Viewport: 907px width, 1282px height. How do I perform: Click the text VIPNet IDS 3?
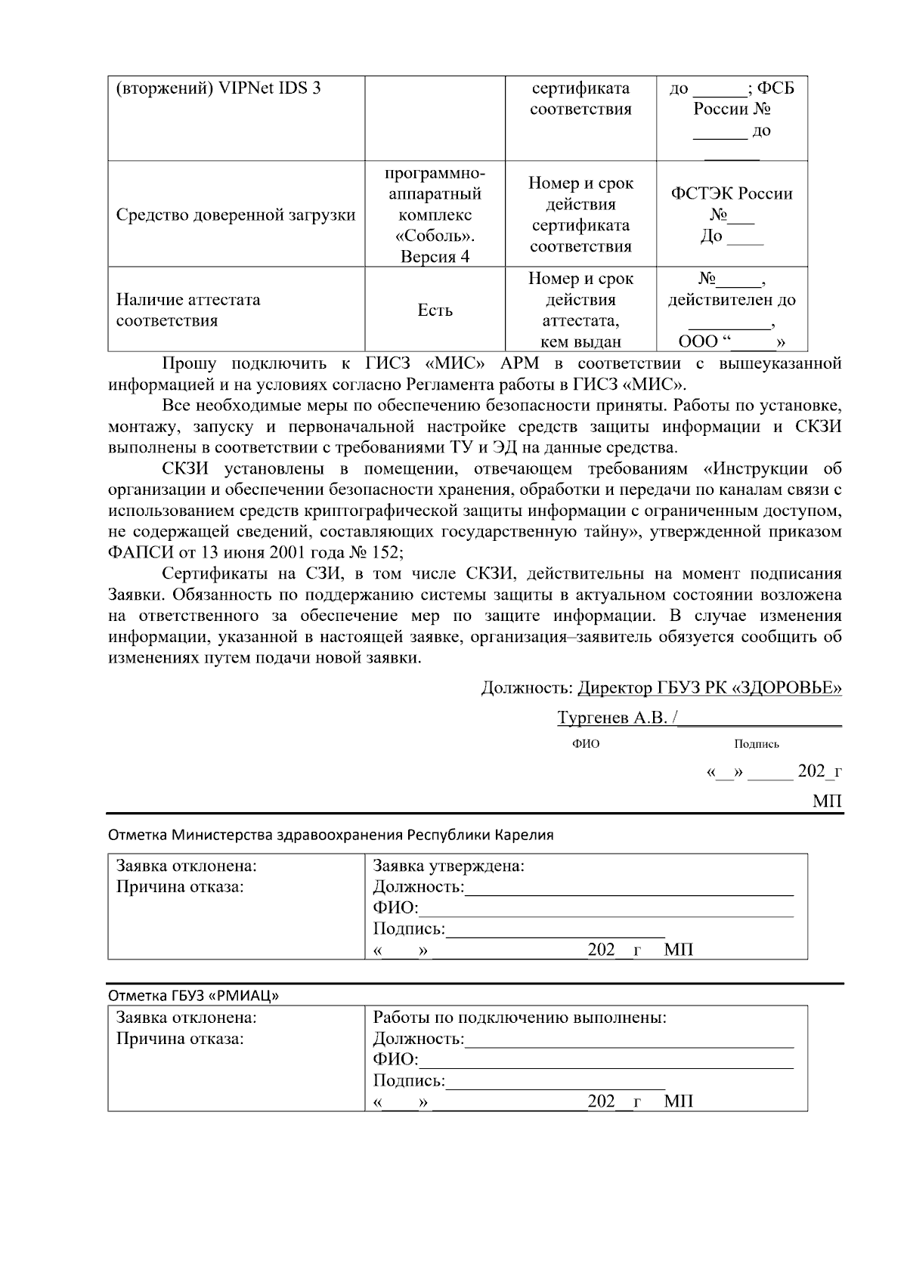270,88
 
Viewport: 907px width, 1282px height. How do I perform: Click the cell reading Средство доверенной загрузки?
235,215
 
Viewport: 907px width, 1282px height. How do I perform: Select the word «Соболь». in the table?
435,236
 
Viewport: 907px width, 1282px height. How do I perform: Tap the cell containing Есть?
435,310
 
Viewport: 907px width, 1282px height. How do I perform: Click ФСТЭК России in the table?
732,194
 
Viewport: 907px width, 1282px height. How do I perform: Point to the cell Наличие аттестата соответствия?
188,310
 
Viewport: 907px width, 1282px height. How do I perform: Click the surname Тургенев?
593,718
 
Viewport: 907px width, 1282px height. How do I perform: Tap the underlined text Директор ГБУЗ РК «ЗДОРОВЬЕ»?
709,688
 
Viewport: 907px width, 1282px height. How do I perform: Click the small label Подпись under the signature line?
756,744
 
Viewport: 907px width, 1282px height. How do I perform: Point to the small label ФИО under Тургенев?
586,744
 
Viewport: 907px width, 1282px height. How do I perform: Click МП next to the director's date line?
827,801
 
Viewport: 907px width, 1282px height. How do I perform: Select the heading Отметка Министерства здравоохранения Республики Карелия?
331,835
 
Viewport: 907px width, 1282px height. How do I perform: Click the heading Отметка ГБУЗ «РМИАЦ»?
193,995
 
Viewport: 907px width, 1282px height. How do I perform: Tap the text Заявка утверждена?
448,866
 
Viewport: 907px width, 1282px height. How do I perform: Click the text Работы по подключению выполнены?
519,1018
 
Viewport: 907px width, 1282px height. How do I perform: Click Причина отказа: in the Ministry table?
179,887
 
